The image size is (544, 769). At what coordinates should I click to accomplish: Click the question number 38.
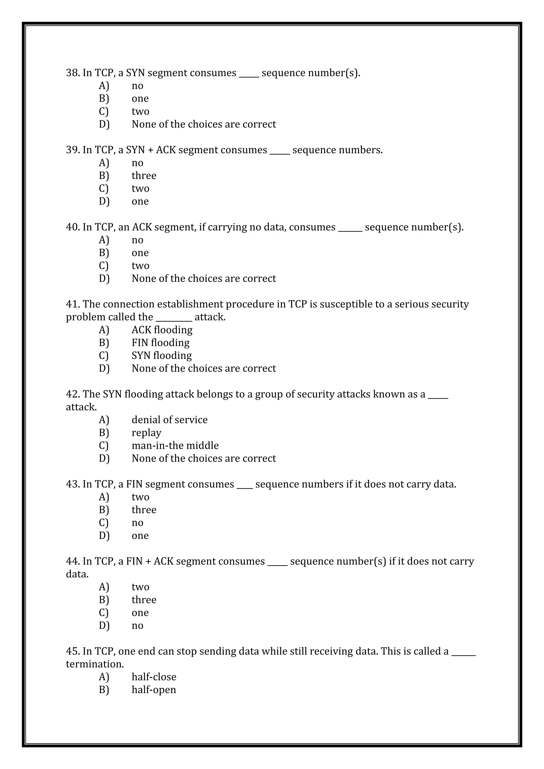(72, 73)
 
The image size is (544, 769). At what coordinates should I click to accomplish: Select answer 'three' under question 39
(144, 176)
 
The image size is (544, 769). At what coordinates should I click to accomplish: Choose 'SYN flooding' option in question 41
(161, 355)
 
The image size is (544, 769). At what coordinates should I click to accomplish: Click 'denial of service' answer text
(169, 420)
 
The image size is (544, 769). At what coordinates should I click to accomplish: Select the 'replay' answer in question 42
(146, 433)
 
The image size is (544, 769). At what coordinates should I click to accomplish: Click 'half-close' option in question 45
(154, 677)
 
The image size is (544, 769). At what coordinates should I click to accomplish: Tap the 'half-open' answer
(154, 690)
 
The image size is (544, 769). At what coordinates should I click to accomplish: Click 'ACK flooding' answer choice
(162, 330)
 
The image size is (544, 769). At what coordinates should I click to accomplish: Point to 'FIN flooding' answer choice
(160, 343)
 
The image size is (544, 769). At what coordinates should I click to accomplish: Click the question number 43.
(72, 484)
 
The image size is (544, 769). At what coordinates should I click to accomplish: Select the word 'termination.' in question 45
(95, 664)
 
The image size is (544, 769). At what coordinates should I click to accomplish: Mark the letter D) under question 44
(104, 626)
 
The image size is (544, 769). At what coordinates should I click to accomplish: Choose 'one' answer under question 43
(140, 536)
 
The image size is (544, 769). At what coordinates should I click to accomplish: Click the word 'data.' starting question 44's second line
(77, 574)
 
